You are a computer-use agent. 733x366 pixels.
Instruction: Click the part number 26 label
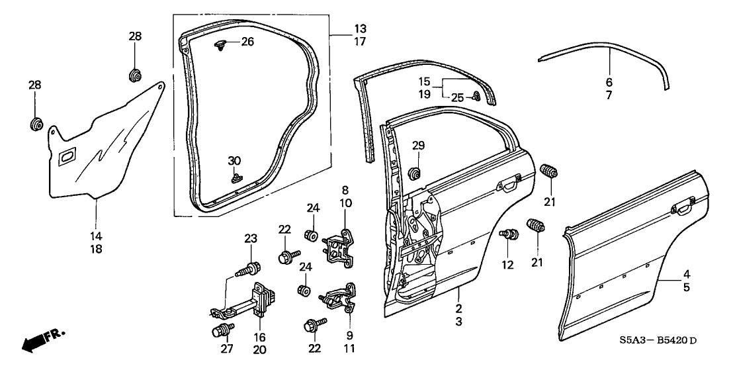click(x=228, y=41)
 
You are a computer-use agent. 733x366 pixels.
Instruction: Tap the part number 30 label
click(x=234, y=161)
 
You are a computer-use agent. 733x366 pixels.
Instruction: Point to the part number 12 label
click(x=507, y=266)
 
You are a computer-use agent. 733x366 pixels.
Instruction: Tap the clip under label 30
click(x=236, y=177)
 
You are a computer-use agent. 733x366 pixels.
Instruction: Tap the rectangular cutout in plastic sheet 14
click(x=68, y=158)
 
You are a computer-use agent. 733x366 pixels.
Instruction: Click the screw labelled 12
click(x=510, y=234)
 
